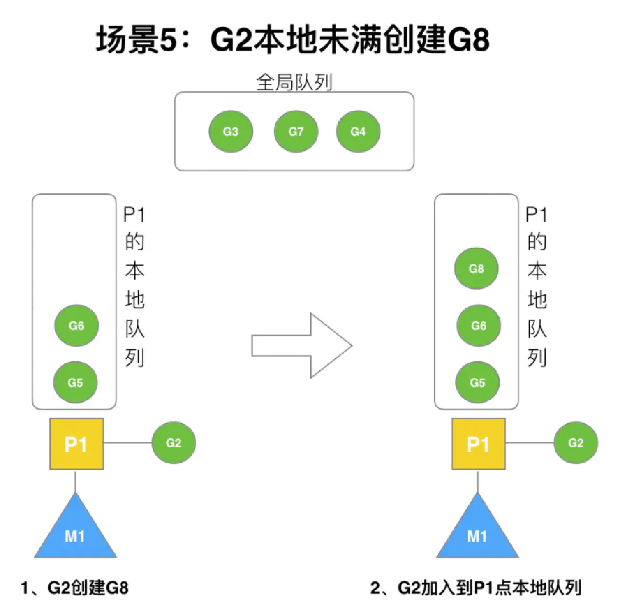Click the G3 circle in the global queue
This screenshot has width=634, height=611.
[x=231, y=131]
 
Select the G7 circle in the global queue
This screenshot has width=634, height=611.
[x=296, y=131]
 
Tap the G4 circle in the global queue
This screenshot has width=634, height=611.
[x=358, y=131]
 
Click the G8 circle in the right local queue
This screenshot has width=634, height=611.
[x=477, y=268]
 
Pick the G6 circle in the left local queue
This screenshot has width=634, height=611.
[x=77, y=325]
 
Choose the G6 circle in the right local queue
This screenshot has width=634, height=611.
[x=479, y=325]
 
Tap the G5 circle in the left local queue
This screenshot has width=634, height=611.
[x=76, y=382]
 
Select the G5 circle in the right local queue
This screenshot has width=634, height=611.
[x=478, y=382]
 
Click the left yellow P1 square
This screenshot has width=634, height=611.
[x=76, y=444]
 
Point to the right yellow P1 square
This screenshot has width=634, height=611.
[x=478, y=444]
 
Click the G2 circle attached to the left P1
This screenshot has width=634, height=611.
[x=174, y=443]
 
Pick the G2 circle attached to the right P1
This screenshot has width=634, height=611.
[x=576, y=443]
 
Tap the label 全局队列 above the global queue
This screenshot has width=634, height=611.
[x=294, y=82]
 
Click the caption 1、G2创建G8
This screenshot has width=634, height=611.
[x=74, y=588]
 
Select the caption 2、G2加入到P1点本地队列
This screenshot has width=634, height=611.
[x=475, y=588]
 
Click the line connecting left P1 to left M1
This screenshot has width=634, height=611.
[x=76, y=481]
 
